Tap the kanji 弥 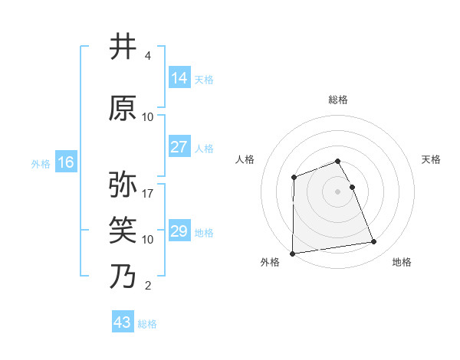pyautogui.click(x=123, y=185)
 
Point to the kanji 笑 pyautogui.click(x=123, y=230)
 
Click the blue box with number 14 pyautogui.click(x=179, y=78)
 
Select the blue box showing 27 pyautogui.click(x=179, y=147)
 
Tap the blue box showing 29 pyautogui.click(x=179, y=231)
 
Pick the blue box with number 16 pyautogui.click(x=66, y=162)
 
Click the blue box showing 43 pyautogui.click(x=123, y=322)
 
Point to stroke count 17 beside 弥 pyautogui.click(x=148, y=194)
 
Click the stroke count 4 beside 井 pyautogui.click(x=147, y=56)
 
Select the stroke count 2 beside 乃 pyautogui.click(x=147, y=286)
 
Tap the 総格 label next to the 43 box pyautogui.click(x=147, y=324)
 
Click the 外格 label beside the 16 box pyautogui.click(x=41, y=164)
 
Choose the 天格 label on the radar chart pyautogui.click(x=432, y=159)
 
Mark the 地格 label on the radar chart pyautogui.click(x=402, y=262)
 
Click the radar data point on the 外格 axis pyautogui.click(x=292, y=253)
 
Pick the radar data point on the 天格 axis pyautogui.click(x=352, y=187)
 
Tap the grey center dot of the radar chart pyautogui.click(x=337, y=191)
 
